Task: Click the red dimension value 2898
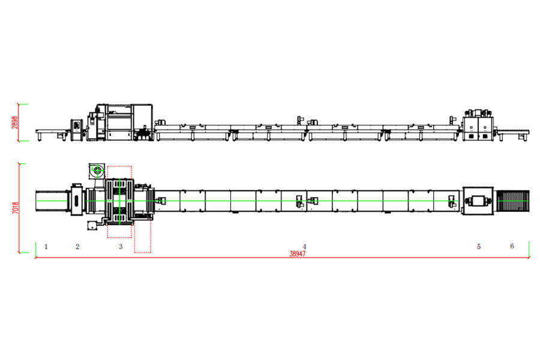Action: click(14, 122)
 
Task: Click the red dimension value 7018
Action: click(16, 208)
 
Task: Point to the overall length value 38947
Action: click(297, 254)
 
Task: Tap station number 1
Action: click(46, 247)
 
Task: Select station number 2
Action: click(77, 247)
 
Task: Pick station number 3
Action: click(121, 247)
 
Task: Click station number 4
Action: click(304, 247)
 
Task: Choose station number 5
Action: click(479, 247)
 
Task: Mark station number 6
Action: click(512, 245)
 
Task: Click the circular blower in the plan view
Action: click(97, 170)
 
